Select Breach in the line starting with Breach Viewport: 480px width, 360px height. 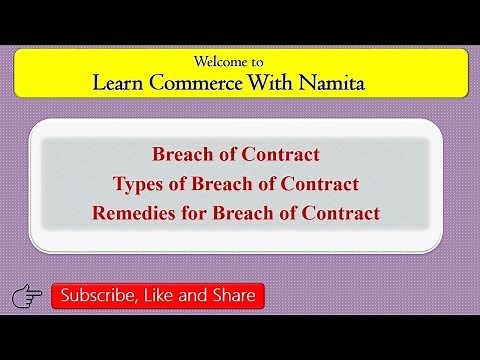coord(179,155)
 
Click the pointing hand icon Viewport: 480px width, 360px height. coord(26,296)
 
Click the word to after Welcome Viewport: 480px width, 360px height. coord(262,60)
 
